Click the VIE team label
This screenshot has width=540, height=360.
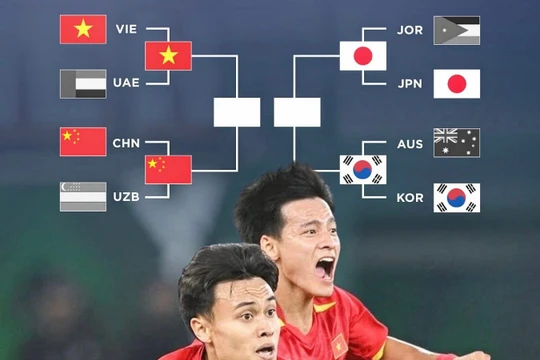click(126, 29)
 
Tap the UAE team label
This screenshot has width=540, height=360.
click(126, 83)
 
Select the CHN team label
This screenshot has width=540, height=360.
click(126, 143)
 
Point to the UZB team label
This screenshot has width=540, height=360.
click(126, 197)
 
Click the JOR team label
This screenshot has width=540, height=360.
click(410, 29)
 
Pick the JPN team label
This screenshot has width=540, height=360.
click(410, 83)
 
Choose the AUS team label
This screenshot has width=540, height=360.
click(410, 143)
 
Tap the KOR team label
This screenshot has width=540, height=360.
click(410, 197)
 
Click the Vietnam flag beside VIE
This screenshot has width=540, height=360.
click(83, 29)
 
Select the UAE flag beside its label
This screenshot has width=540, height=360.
click(83, 83)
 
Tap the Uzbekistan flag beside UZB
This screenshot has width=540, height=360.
click(83, 196)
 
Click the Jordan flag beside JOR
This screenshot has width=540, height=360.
click(456, 30)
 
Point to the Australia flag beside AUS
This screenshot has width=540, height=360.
click(456, 142)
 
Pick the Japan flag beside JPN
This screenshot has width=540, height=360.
click(456, 83)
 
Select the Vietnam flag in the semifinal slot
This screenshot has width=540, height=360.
click(168, 55)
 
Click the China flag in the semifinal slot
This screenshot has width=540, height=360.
click(168, 169)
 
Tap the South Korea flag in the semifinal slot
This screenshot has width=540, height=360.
click(362, 169)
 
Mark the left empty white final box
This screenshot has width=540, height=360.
click(237, 111)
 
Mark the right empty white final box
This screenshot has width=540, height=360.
click(297, 111)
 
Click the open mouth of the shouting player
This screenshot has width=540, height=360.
click(325, 267)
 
